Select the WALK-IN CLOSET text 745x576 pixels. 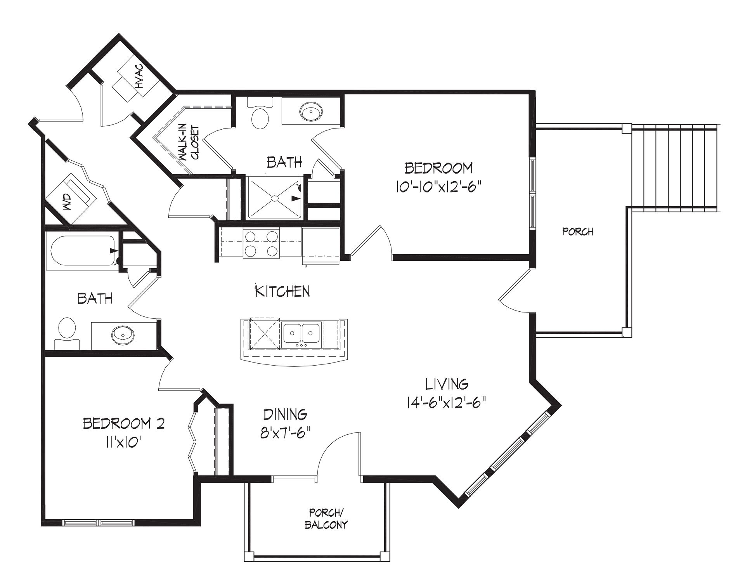pyautogui.click(x=189, y=143)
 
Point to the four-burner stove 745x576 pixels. pyautogui.click(x=262, y=243)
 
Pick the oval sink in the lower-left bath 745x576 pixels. pyautogui.click(x=123, y=334)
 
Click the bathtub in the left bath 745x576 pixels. pyautogui.click(x=81, y=251)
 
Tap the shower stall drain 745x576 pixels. pyautogui.click(x=275, y=198)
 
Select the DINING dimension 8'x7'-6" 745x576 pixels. pyautogui.click(x=285, y=432)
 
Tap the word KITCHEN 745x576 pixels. pyautogui.click(x=282, y=291)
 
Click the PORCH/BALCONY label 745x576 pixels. pyautogui.click(x=326, y=519)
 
